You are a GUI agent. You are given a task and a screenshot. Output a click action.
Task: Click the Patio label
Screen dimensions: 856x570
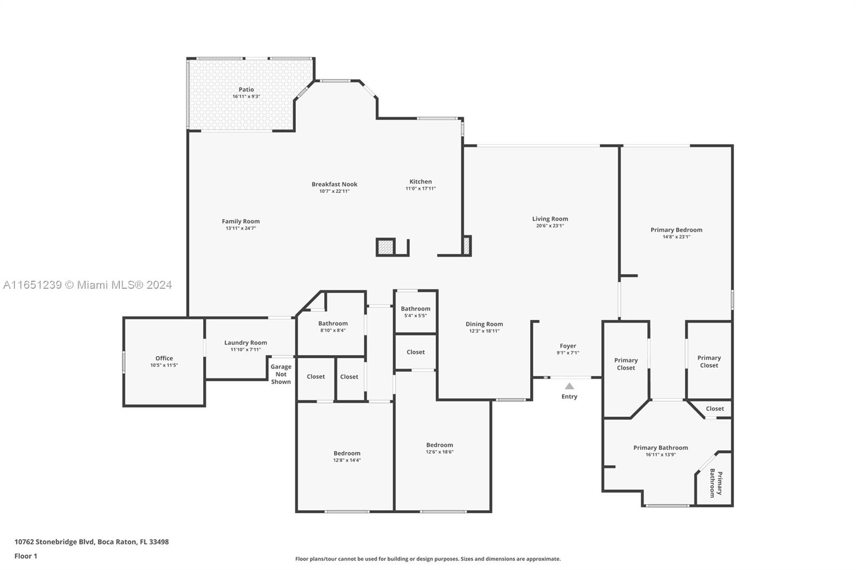pyautogui.click(x=246, y=89)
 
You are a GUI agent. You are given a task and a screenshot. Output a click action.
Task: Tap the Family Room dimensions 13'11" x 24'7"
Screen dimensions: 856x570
pyautogui.click(x=241, y=228)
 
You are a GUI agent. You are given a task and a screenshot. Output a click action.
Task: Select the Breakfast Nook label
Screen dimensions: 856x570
pyautogui.click(x=334, y=184)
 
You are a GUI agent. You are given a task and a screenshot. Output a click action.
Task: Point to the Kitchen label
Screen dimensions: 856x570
pyautogui.click(x=421, y=181)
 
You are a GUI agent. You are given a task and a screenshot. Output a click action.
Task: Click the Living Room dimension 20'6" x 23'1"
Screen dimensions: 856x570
pyautogui.click(x=550, y=226)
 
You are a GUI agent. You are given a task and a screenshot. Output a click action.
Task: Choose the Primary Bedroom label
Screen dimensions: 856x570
pyautogui.click(x=676, y=229)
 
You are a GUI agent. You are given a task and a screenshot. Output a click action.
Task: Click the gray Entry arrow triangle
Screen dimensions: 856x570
pyautogui.click(x=569, y=386)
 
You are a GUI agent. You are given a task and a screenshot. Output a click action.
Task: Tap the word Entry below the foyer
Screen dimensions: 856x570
pyautogui.click(x=569, y=397)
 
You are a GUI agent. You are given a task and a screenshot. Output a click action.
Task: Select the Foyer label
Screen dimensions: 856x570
pyautogui.click(x=568, y=346)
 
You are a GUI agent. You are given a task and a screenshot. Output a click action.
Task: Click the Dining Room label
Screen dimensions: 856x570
pyautogui.click(x=484, y=324)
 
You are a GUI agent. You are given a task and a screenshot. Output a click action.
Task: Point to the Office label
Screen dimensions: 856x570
pyautogui.click(x=164, y=358)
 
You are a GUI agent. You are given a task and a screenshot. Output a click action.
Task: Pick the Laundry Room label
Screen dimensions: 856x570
pyautogui.click(x=246, y=343)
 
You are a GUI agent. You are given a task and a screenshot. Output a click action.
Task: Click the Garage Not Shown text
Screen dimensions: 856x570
pyautogui.click(x=281, y=374)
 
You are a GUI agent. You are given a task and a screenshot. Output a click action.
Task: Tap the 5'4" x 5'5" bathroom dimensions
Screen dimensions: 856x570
pyautogui.click(x=415, y=315)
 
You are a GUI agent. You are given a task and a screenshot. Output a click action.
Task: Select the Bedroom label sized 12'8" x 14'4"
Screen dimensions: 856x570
pyautogui.click(x=347, y=453)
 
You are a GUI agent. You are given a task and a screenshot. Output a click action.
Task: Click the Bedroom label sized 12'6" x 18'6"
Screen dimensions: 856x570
pyautogui.click(x=439, y=445)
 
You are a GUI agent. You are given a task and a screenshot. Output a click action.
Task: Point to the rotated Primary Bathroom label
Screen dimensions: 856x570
pyautogui.click(x=716, y=483)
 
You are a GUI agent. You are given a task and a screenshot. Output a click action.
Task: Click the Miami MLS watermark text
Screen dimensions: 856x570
pyautogui.click(x=88, y=284)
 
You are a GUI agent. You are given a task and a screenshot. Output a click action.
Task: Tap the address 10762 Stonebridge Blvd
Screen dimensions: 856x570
pyautogui.click(x=54, y=542)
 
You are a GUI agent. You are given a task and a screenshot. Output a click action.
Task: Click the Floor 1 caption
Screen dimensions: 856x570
pyautogui.click(x=26, y=556)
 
